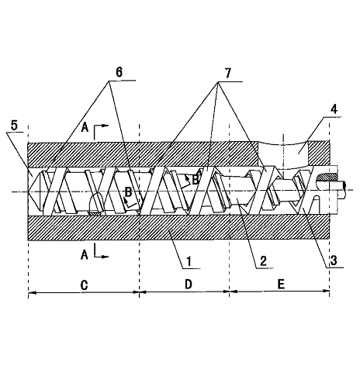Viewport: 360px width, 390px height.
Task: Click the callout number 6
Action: pos(119,72)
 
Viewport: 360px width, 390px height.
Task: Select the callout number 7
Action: pos(227,74)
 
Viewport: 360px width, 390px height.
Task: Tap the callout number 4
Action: pos(334,109)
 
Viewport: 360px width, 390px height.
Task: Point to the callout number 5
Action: pos(14,126)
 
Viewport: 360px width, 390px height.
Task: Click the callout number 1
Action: pos(189,261)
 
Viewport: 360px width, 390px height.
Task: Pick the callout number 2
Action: pos(263,261)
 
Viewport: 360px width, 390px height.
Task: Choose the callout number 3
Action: pos(334,261)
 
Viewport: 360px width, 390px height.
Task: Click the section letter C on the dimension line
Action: pos(85,285)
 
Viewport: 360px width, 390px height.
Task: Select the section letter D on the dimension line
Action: pos(189,285)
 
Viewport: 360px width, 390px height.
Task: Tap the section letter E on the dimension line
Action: pos(281,285)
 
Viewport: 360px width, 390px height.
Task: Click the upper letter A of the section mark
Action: pos(85,127)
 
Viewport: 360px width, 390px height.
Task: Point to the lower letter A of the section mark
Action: pos(85,255)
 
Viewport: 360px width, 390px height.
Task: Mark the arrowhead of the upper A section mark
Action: pos(105,126)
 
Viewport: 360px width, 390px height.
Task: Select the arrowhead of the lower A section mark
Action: pos(105,257)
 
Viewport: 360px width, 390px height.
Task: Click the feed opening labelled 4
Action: pos(283,154)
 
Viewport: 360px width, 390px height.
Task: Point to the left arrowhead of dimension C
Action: pos(33,293)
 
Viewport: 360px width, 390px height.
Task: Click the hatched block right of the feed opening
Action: pos(319,152)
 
